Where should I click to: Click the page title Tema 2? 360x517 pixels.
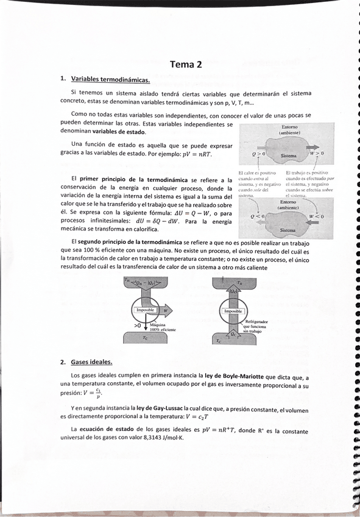point(186,64)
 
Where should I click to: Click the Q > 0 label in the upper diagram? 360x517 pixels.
point(259,155)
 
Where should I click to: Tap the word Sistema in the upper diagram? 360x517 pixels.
point(288,156)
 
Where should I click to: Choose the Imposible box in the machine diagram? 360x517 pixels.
point(147,310)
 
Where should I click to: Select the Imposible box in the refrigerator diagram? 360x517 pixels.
point(234,312)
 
